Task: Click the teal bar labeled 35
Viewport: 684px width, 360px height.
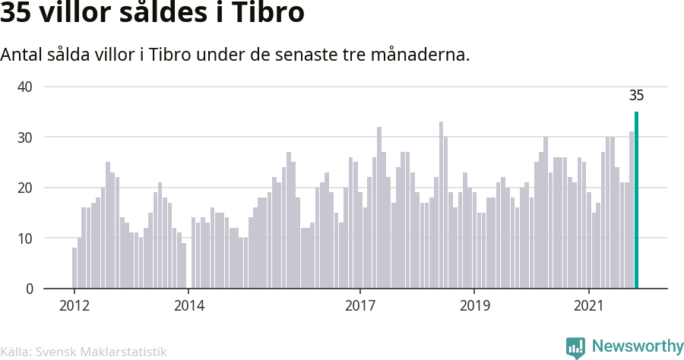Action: pyautogui.click(x=636, y=200)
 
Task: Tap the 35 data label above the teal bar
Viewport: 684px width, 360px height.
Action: pyautogui.click(x=636, y=96)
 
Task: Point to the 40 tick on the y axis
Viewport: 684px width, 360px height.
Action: pyautogui.click(x=25, y=87)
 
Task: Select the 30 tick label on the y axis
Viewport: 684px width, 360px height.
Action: pyautogui.click(x=25, y=137)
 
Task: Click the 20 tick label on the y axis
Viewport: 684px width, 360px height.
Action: pyautogui.click(x=25, y=188)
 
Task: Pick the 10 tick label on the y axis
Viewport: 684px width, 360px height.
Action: pyautogui.click(x=25, y=238)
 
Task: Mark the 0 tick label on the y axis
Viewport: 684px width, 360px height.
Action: pyautogui.click(x=29, y=289)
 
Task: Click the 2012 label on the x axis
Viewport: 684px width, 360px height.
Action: pyautogui.click(x=74, y=305)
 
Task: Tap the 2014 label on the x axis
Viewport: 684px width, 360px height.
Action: pyautogui.click(x=189, y=305)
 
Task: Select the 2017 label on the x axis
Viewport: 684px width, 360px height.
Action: pyautogui.click(x=360, y=305)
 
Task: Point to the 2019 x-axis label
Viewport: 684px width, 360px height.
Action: pyautogui.click(x=474, y=305)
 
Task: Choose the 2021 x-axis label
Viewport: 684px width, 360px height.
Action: pyautogui.click(x=589, y=305)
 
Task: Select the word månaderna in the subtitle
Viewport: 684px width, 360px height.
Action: pyautogui.click(x=420, y=55)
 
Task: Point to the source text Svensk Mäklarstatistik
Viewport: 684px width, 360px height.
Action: pyautogui.click(x=101, y=352)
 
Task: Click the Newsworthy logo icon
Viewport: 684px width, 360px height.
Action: pyautogui.click(x=575, y=348)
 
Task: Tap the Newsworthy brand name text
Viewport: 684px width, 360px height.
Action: pyautogui.click(x=638, y=346)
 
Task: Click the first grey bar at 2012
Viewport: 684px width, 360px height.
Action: pyautogui.click(x=74, y=268)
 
